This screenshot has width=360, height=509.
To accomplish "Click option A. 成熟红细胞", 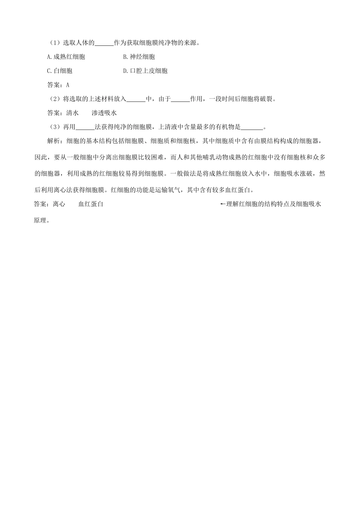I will (66, 57).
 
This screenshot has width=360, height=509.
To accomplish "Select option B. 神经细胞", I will (139, 57).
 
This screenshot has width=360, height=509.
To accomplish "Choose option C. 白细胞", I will (59, 71).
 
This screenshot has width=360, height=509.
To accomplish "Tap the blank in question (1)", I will (104, 43).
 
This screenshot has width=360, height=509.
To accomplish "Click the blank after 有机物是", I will (252, 127).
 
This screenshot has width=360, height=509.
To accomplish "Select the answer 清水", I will (72, 113).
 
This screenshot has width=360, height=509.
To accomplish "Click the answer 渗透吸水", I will (104, 113).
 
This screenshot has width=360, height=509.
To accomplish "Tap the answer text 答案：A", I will (58, 85).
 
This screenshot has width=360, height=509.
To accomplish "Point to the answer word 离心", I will (59, 204).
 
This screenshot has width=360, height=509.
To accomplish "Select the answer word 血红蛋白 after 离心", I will (91, 204).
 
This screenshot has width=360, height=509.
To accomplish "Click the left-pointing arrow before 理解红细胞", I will (223, 204).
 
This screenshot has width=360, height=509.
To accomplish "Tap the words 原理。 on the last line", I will (42, 220).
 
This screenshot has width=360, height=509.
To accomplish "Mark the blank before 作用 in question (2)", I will (180, 99).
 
